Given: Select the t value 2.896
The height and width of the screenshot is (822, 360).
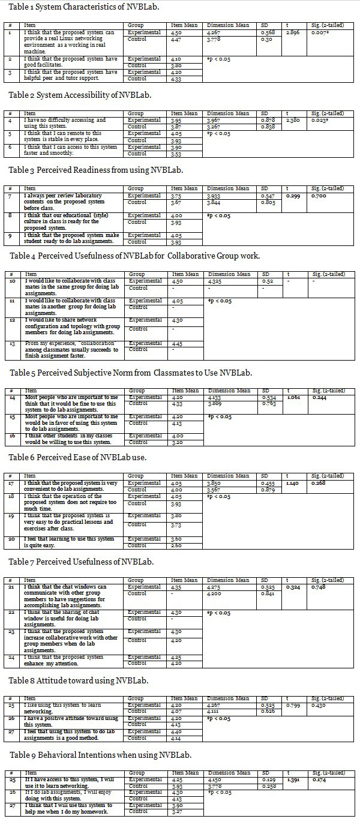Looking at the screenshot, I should pyautogui.click(x=293, y=32).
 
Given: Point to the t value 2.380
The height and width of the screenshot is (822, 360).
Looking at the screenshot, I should pyautogui.click(x=293, y=120).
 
